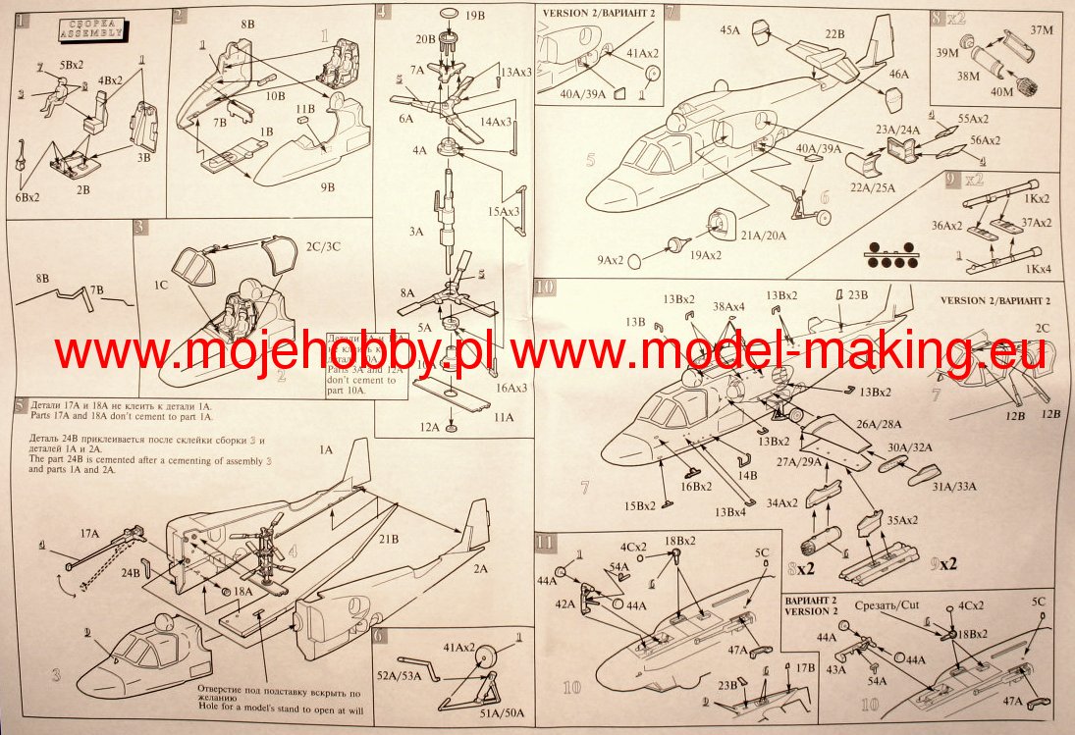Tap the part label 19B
[x=475, y=17]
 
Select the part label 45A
[x=729, y=30]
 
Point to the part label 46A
[x=899, y=73]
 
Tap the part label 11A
[x=504, y=416]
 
